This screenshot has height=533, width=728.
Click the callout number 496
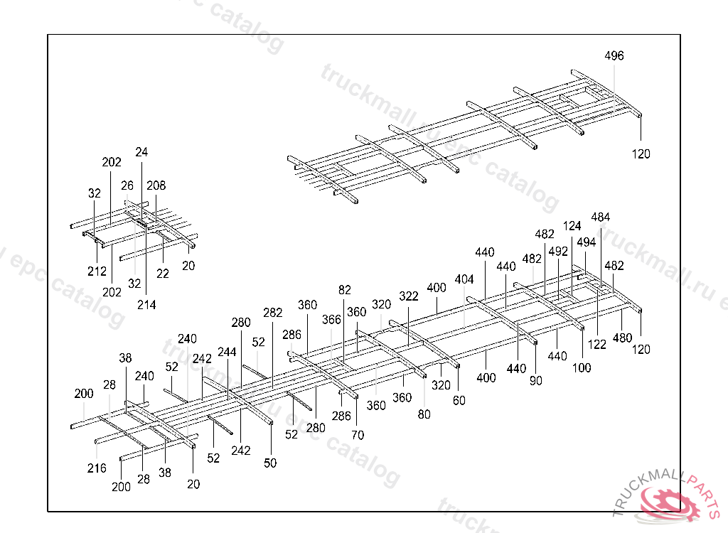click(x=614, y=56)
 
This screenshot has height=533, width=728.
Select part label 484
click(x=601, y=217)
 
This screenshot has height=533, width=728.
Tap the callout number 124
click(x=572, y=226)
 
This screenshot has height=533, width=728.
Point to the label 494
click(x=587, y=242)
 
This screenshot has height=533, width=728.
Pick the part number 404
click(x=464, y=279)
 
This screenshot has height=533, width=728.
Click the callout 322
click(x=409, y=296)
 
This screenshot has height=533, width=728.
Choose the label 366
click(x=331, y=320)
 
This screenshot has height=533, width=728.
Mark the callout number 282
click(x=273, y=313)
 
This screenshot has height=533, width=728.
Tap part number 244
click(x=227, y=352)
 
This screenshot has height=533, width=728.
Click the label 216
click(x=97, y=468)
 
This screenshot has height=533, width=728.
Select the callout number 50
click(x=270, y=463)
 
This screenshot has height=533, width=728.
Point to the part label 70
click(x=358, y=435)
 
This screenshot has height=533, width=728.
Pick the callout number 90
click(x=536, y=381)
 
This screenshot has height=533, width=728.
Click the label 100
click(x=582, y=368)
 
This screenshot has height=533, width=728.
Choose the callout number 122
click(x=597, y=345)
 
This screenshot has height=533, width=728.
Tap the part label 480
click(x=622, y=338)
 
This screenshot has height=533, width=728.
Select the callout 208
click(x=156, y=186)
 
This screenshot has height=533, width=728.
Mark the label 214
click(x=146, y=305)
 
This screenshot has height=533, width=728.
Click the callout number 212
click(x=97, y=271)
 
